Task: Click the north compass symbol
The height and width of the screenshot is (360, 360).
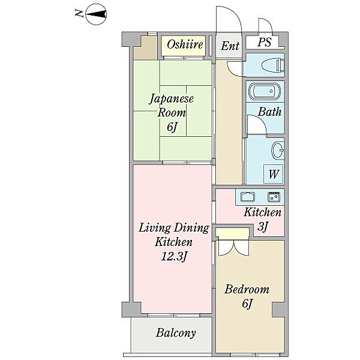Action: click(x=96, y=14)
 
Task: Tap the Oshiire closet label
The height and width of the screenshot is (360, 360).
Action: click(x=185, y=44)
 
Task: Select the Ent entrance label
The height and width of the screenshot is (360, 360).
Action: click(x=230, y=46)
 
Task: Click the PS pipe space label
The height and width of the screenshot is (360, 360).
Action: click(x=264, y=42)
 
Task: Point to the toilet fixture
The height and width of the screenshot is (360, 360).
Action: click(x=273, y=65)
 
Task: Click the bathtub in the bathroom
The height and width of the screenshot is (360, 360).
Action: click(x=265, y=91)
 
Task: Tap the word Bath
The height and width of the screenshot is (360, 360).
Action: click(x=269, y=112)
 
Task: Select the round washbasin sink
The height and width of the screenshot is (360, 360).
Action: click(x=278, y=151)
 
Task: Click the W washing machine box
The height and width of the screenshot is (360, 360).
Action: click(x=273, y=174)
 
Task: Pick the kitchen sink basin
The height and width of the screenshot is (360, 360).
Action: click(x=247, y=197)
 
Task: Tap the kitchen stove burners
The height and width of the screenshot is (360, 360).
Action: click(x=274, y=197)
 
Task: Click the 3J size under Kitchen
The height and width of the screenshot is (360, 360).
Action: click(x=262, y=227)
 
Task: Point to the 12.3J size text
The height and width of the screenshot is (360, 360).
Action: click(x=174, y=256)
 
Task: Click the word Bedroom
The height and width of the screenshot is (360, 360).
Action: click(x=247, y=289)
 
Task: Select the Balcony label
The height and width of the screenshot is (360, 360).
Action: click(x=176, y=332)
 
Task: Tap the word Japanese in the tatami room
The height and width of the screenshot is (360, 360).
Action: click(x=172, y=99)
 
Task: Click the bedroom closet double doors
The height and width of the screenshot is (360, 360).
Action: click(x=233, y=248)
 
